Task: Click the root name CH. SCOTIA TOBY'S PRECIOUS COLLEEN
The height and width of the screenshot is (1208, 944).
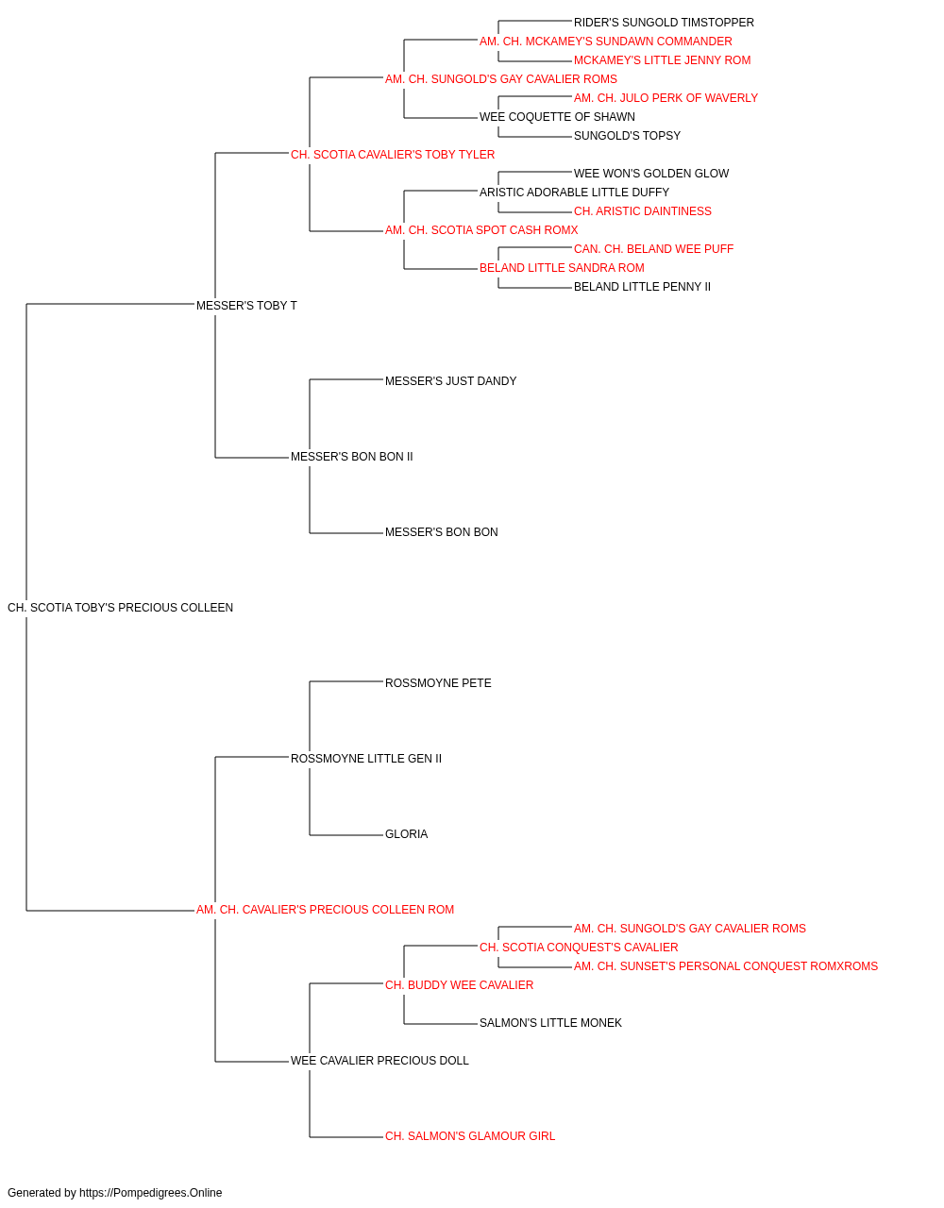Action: [120, 608]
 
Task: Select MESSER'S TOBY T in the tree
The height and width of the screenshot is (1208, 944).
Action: [246, 306]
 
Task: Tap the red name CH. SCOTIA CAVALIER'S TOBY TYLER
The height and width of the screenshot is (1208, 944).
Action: [393, 155]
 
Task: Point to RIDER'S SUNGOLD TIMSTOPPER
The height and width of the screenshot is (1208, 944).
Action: [664, 23]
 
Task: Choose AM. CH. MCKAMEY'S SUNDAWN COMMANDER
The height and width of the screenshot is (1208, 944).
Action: [605, 42]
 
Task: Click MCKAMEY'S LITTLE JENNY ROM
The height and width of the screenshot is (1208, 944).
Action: [662, 60]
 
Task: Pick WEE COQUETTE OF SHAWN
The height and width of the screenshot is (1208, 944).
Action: [557, 117]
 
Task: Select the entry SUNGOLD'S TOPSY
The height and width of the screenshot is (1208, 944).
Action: [627, 136]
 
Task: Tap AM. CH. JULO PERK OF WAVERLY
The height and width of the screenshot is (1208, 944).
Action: [666, 98]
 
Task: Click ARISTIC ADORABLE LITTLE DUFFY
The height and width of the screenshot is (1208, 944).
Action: [574, 193]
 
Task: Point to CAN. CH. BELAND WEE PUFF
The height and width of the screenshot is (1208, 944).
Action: [654, 249]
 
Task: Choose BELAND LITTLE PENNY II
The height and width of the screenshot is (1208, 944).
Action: [642, 287]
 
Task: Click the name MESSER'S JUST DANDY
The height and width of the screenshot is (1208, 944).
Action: [451, 381]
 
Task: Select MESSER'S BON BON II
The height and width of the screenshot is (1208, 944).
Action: [352, 457]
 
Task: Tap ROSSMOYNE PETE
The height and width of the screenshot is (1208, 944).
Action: [438, 683]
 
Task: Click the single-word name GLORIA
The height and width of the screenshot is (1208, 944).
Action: [407, 834]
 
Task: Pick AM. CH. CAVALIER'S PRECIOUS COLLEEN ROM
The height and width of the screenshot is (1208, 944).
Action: [326, 910]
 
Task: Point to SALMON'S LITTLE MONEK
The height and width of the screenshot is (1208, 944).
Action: [550, 1023]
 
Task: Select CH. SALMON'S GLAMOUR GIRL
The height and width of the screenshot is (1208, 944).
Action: [470, 1137]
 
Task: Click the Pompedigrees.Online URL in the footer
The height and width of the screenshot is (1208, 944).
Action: [151, 1193]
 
